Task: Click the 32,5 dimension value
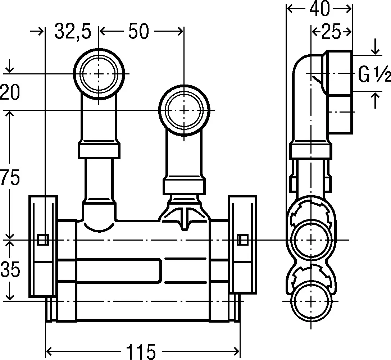tap(73, 31)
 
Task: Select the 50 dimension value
tap(138, 31)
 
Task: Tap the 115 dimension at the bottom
tap(141, 351)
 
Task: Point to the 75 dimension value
tap(10, 177)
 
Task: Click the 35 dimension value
tap(10, 270)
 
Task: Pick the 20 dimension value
tap(10, 92)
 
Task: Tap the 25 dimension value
tap(331, 32)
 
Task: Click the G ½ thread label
tap(374, 74)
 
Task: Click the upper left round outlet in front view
tap(99, 73)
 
